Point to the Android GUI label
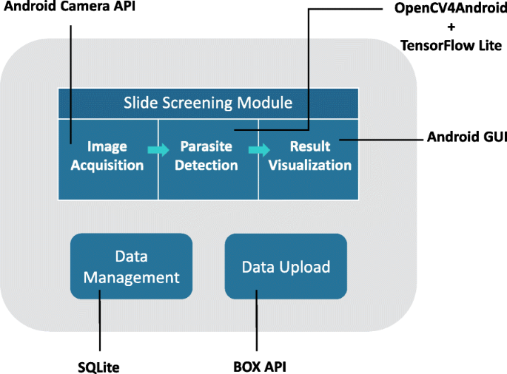click(466, 137)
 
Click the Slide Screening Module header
click(208, 102)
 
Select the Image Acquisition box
click(107, 157)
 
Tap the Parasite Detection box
click(208, 157)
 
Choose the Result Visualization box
click(309, 157)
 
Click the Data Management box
click(131, 266)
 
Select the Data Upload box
click(285, 266)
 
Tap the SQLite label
click(98, 366)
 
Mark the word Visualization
click(309, 165)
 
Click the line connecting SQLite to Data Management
click(99, 325)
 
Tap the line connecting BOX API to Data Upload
click(256, 325)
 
